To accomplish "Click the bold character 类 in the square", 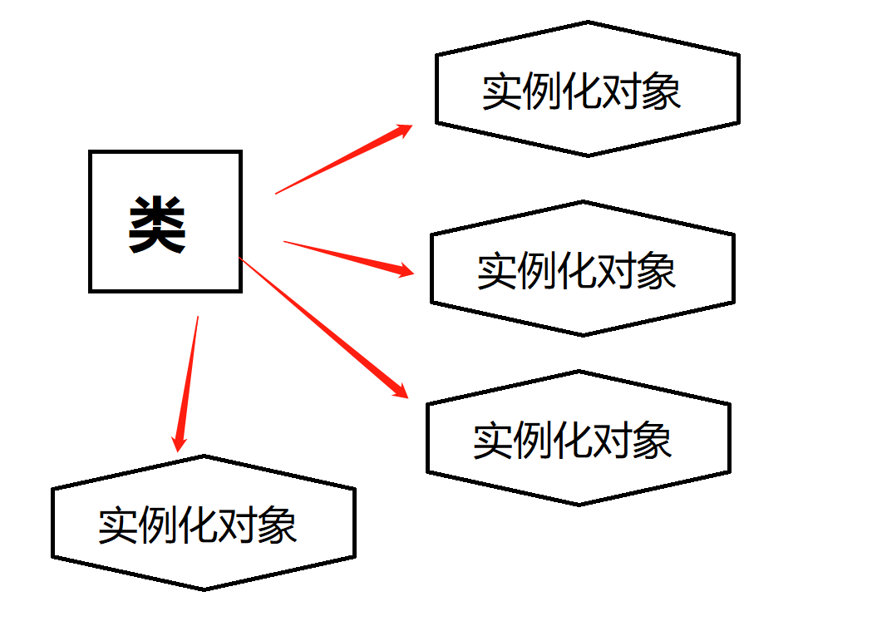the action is tap(157, 225).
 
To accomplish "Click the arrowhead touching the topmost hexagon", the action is tap(403, 129).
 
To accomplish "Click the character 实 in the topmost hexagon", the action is tap(501, 91).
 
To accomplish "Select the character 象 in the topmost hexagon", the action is tap(662, 91).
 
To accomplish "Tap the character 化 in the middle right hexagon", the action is tap(576, 271).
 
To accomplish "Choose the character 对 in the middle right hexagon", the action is tap(616, 271).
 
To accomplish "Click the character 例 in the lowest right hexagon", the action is tap(533, 441).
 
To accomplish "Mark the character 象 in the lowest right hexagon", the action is tap(653, 441).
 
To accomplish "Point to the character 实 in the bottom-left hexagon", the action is tap(117, 525).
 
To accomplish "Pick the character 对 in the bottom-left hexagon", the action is tap(238, 525).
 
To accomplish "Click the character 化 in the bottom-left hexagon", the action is tap(198, 525).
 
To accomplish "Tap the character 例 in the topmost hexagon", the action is tap(541, 91).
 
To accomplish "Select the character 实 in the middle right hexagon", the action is tap(496, 271).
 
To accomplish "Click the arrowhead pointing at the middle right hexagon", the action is tap(404, 270).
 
